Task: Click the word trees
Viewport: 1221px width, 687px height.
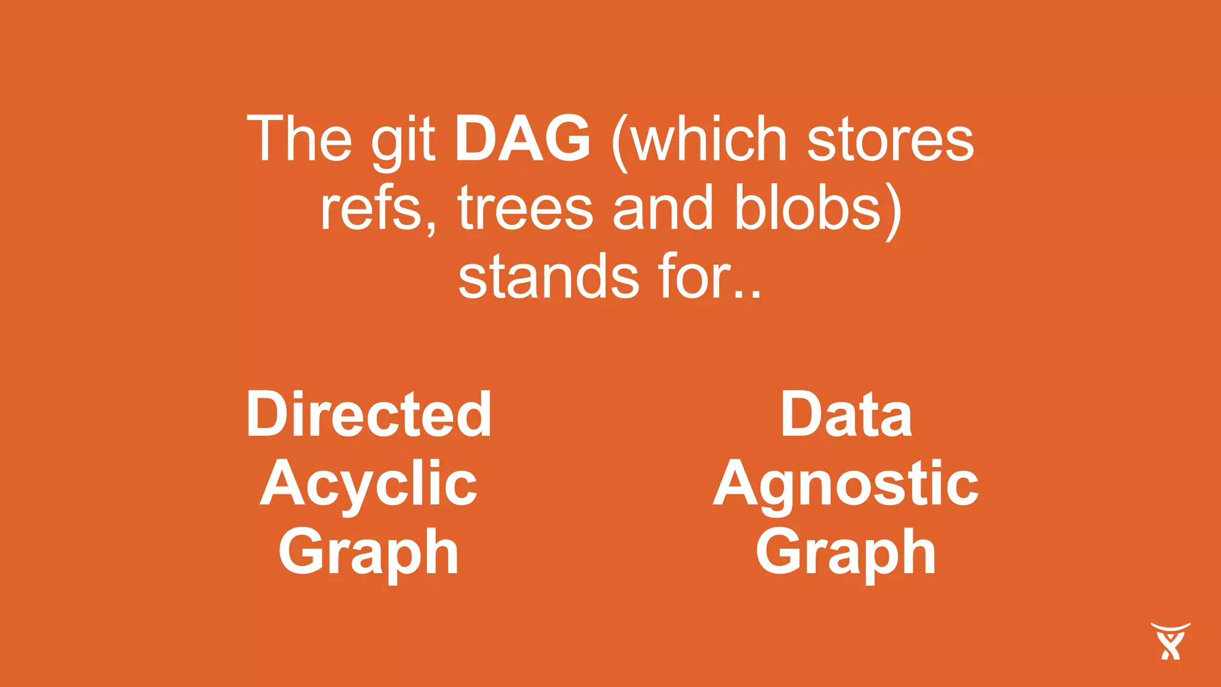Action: (x=525, y=209)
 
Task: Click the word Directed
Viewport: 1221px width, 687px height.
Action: (x=369, y=414)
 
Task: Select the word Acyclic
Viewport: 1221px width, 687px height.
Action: (x=368, y=484)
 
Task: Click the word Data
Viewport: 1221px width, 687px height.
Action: (x=847, y=414)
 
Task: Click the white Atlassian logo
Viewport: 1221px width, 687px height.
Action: (x=1170, y=641)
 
